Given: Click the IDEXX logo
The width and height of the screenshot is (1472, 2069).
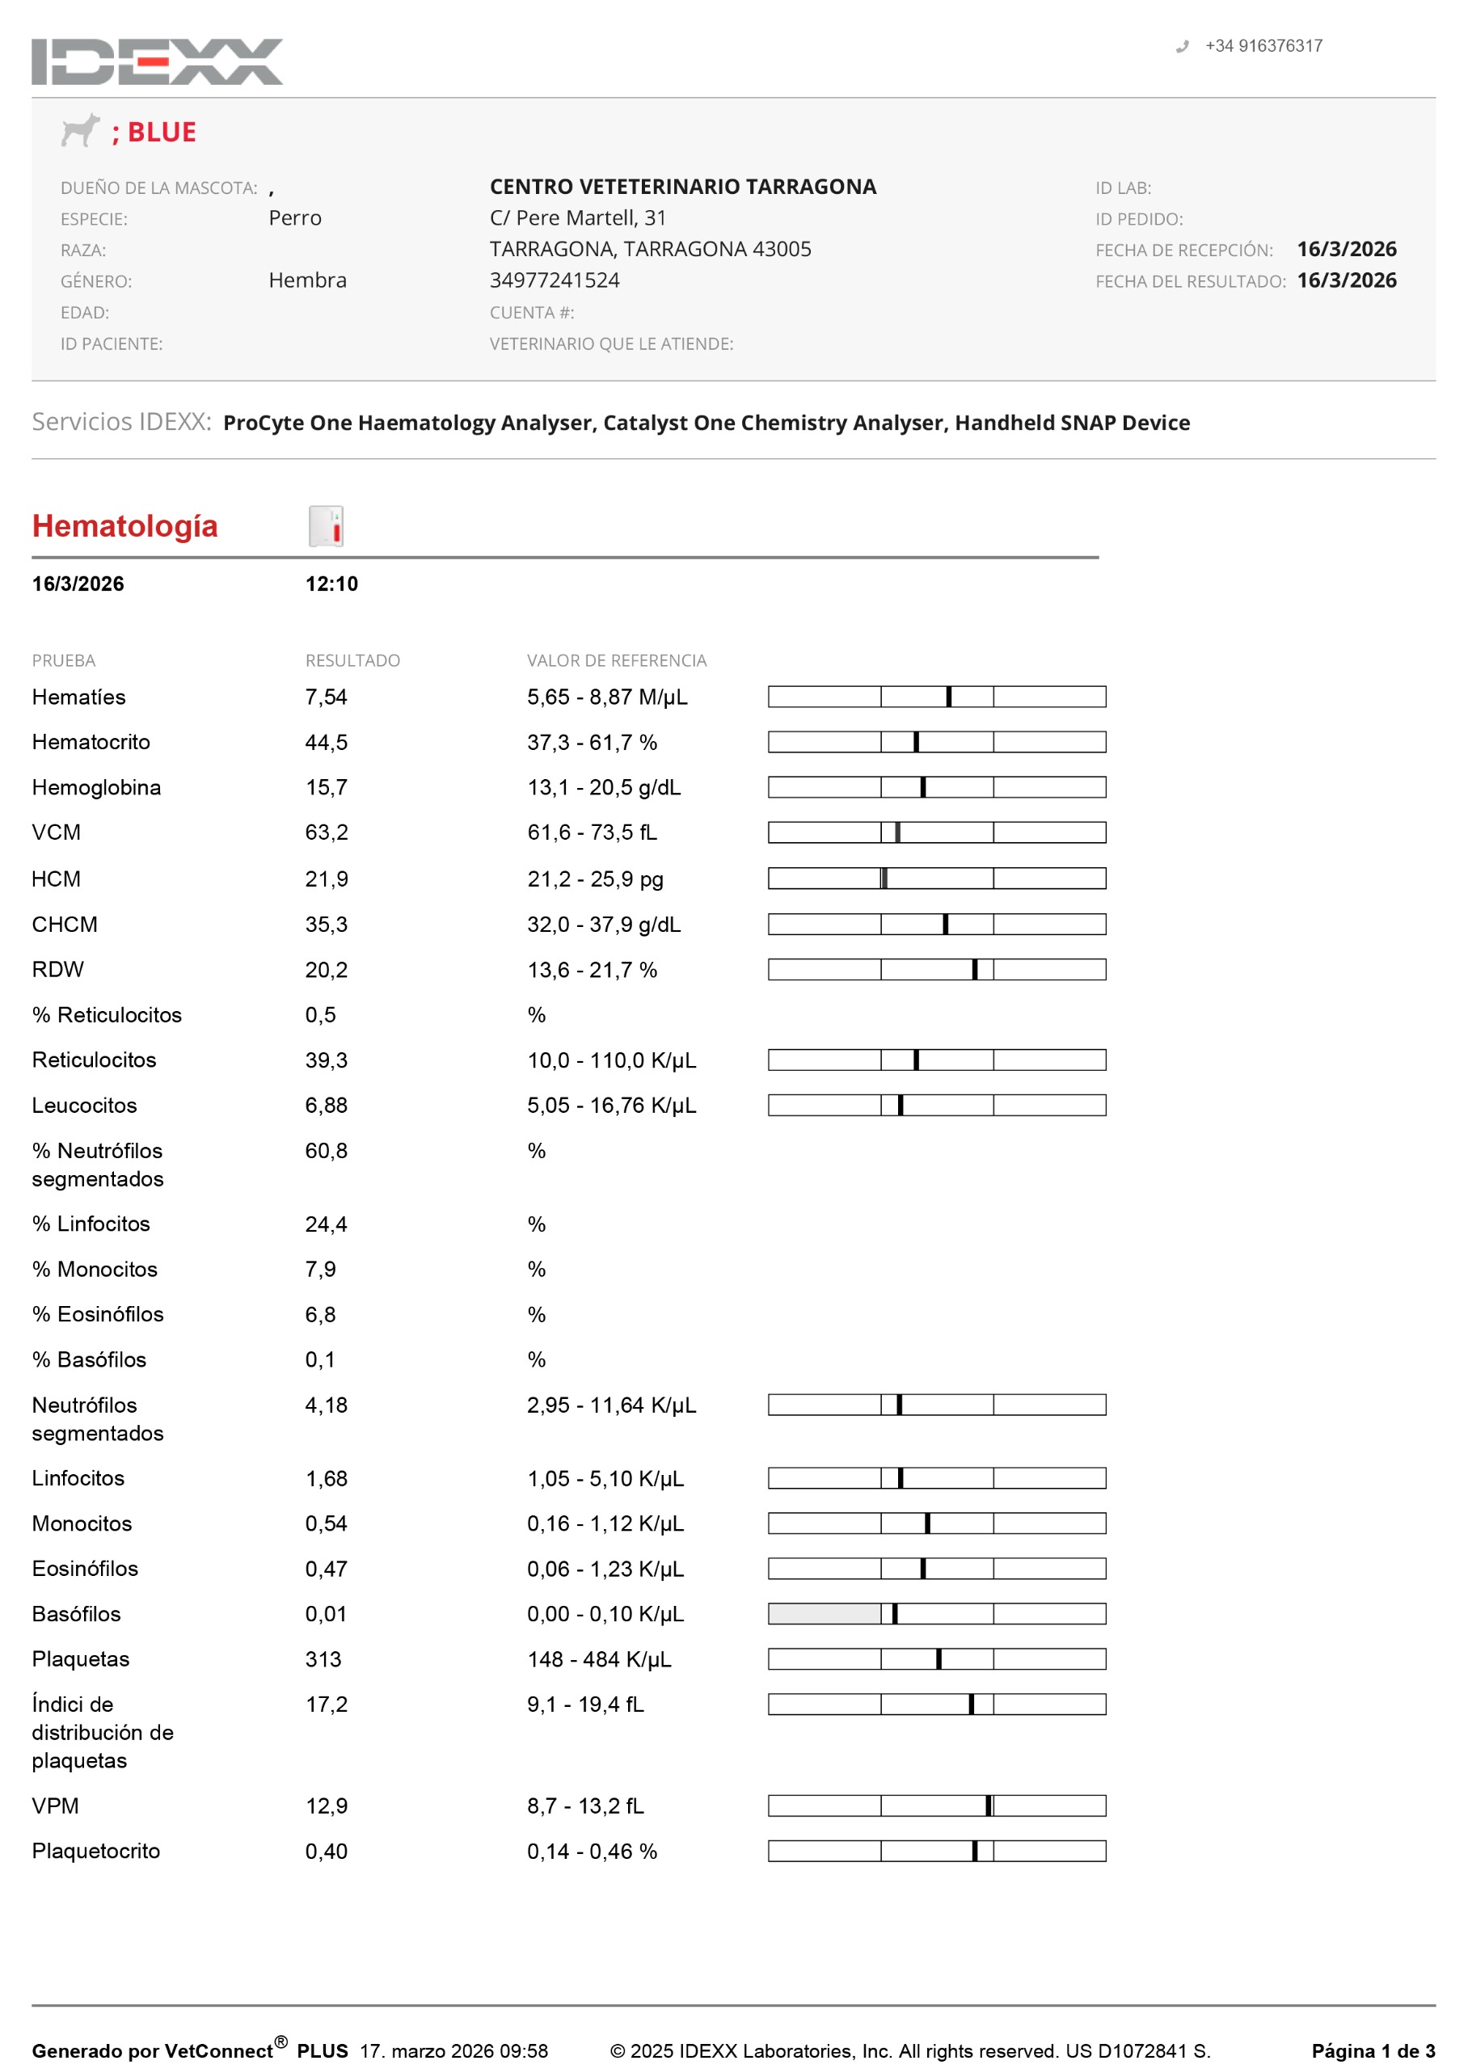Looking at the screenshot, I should (x=157, y=61).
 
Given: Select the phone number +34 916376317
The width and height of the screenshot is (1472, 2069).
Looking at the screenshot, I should (x=1263, y=46).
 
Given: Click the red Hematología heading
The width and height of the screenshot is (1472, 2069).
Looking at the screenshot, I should (x=125, y=525).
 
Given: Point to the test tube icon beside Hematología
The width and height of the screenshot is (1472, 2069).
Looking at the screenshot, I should (x=327, y=525).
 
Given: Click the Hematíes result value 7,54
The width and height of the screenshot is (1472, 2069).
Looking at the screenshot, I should (x=327, y=697).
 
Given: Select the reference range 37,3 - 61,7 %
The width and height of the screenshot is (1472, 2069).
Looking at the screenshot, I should (x=592, y=742).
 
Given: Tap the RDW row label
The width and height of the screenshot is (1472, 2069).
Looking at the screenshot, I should (x=58, y=970).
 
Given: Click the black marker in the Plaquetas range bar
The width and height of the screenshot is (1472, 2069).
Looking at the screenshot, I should (x=938, y=1658).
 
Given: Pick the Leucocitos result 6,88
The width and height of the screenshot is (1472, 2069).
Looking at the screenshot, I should (x=327, y=1106).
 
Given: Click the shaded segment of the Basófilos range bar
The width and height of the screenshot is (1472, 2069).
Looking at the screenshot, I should (x=824, y=1613).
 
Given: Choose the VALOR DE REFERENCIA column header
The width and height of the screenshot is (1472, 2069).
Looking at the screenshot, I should (x=616, y=660).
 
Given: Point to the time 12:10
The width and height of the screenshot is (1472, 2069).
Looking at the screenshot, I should (x=331, y=584).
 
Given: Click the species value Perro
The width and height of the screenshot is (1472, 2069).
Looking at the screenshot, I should (x=294, y=218).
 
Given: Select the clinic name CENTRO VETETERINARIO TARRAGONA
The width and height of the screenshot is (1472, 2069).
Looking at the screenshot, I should (x=682, y=187).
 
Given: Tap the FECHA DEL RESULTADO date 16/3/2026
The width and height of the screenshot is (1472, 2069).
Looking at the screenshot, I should (x=1346, y=280).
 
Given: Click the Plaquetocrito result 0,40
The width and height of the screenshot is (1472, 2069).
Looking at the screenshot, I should (x=327, y=1851).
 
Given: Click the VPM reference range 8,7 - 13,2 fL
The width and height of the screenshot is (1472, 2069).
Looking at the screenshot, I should (x=585, y=1806).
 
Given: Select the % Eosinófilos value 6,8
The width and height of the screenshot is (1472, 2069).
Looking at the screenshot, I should (x=320, y=1314).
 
